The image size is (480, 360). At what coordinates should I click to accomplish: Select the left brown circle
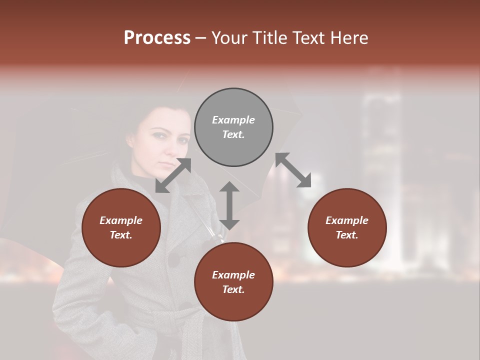[121, 227]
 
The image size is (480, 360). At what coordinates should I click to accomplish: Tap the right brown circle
[347, 227]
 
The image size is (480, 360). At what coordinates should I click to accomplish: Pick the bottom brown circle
[233, 281]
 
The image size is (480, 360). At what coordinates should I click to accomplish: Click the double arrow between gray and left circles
[173, 175]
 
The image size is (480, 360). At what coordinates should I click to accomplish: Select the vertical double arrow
[229, 205]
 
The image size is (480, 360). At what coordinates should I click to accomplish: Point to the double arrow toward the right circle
[293, 170]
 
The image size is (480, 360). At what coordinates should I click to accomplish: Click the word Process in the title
[157, 37]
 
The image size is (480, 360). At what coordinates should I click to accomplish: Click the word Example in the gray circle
[233, 120]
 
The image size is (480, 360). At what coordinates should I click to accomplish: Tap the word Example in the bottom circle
[233, 275]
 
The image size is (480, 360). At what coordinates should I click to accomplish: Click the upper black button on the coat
[173, 259]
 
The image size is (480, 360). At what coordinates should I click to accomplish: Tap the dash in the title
[201, 38]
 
